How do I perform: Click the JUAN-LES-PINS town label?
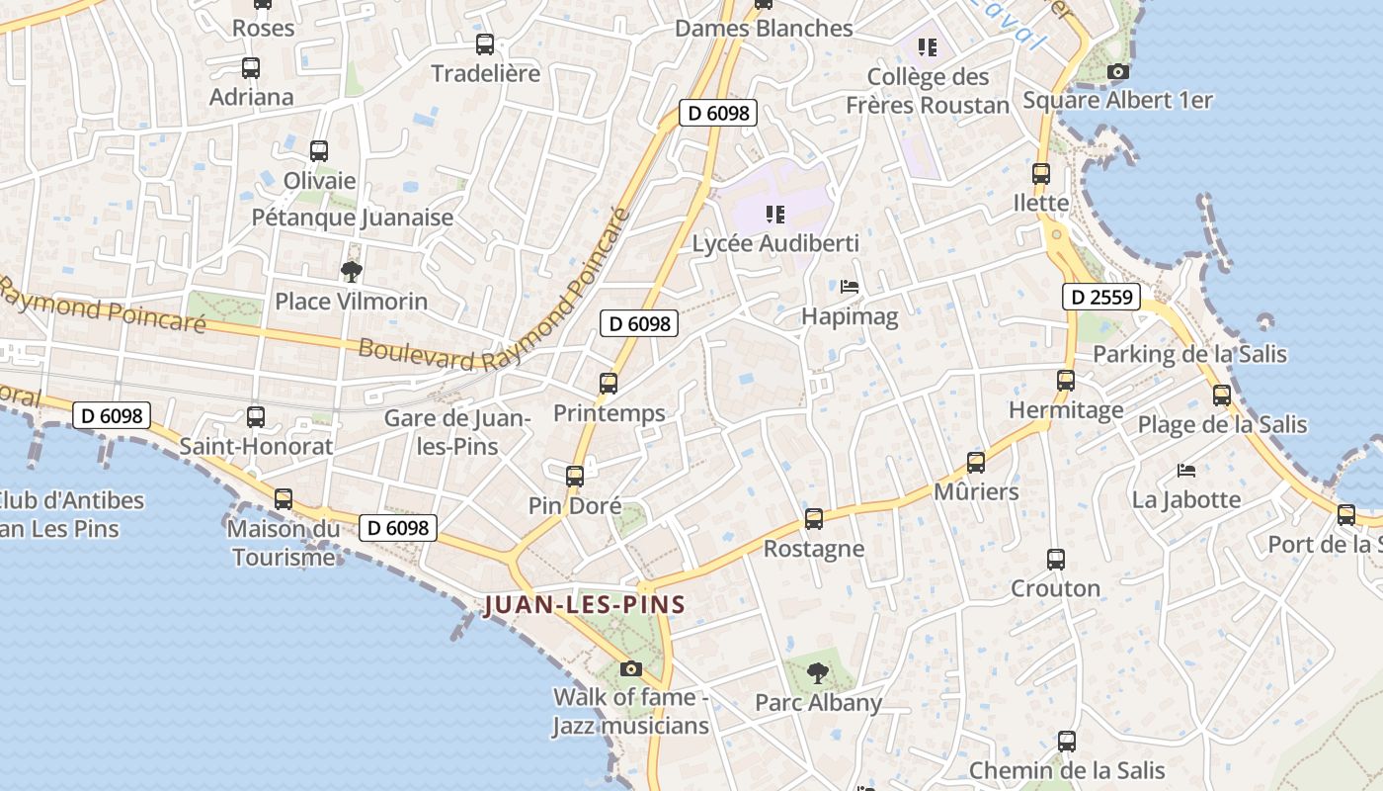point(585,605)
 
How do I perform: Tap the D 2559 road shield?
point(1101,297)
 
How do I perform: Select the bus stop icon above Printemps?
point(609,384)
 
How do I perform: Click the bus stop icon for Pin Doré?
point(575,476)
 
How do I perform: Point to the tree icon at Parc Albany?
point(817,673)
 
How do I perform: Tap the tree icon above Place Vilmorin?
point(351,271)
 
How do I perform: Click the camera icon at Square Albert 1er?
point(1118,71)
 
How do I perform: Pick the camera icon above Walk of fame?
point(631,668)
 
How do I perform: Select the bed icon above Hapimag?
point(850,288)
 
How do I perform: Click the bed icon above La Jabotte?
point(1186,470)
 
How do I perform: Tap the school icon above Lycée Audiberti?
point(775,214)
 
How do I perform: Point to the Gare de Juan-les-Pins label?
point(458,432)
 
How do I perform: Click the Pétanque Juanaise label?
point(353,218)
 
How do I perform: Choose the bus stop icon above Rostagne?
point(814,518)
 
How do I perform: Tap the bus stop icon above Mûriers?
point(976,462)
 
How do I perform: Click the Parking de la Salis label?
point(1189,354)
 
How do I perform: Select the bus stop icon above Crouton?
point(1056,560)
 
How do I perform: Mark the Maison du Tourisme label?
point(283,543)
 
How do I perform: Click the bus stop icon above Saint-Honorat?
point(256,417)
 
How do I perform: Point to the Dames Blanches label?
point(764,28)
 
